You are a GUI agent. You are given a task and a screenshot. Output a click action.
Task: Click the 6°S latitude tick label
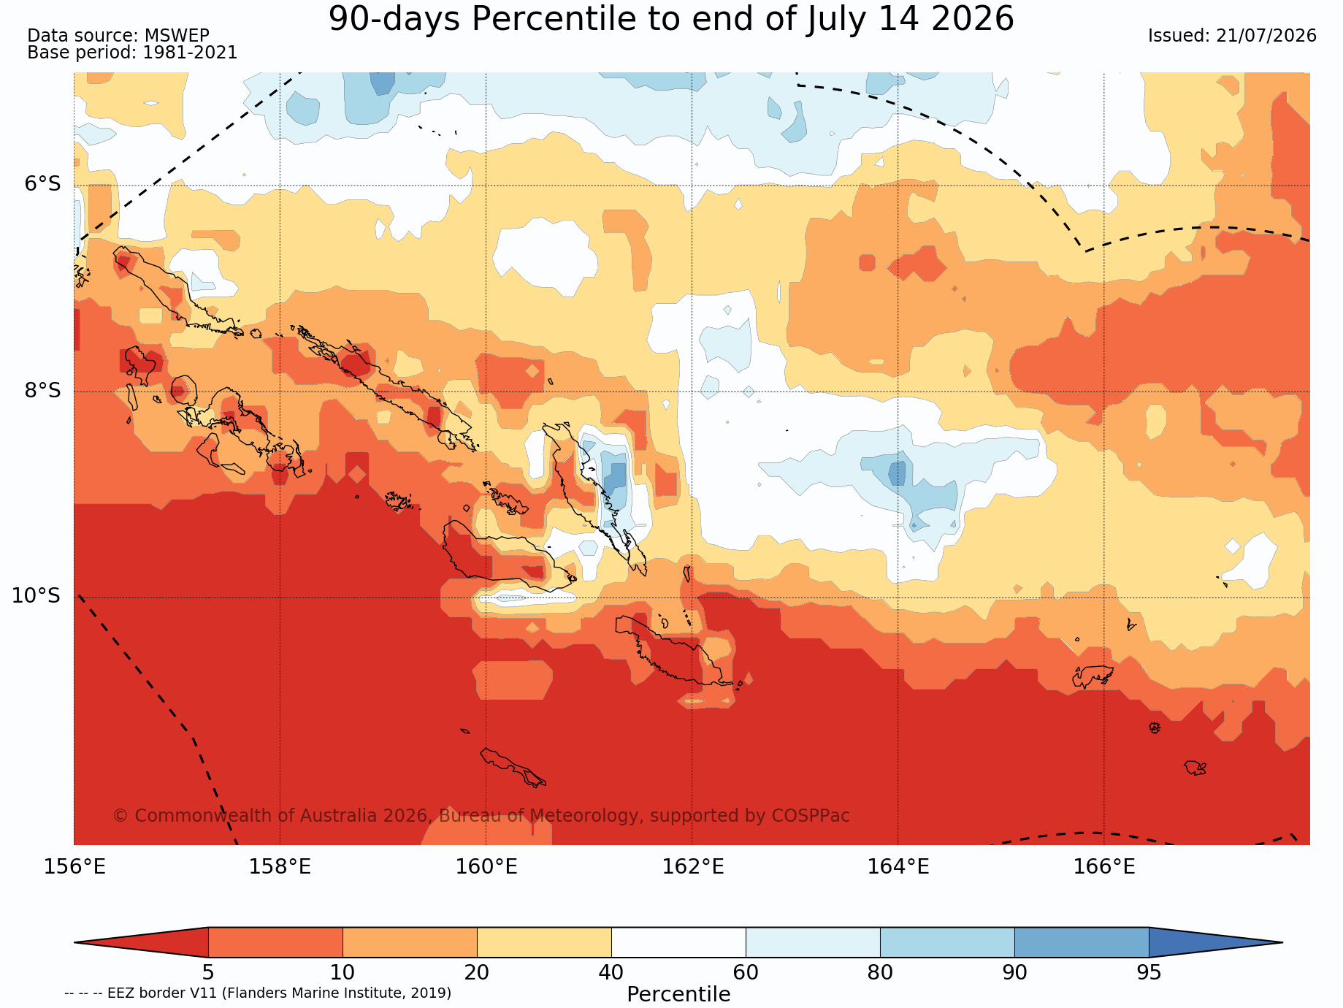point(43,184)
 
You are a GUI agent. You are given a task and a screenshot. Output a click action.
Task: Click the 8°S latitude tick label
point(43,390)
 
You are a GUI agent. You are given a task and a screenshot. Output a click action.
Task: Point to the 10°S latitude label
point(37,596)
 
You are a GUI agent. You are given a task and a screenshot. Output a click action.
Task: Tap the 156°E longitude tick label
point(74,867)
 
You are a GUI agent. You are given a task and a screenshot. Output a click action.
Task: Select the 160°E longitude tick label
point(486,867)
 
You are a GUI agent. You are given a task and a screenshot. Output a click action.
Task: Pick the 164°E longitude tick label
point(898,867)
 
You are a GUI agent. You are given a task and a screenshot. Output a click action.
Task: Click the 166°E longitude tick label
point(1104,867)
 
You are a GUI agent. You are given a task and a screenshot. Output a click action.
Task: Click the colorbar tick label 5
point(208,973)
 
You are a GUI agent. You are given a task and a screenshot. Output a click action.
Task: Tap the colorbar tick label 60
point(746,973)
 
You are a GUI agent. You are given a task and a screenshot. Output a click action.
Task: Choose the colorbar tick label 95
point(1149,973)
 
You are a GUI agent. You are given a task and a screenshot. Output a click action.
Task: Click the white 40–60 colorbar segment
point(678,942)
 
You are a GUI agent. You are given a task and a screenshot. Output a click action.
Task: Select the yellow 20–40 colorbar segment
point(544,942)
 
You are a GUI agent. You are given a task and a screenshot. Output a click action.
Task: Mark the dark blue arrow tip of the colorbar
point(1282,942)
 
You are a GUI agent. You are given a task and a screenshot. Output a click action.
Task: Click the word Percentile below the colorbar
point(678,995)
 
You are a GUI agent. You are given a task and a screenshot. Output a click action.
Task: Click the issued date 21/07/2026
point(1266,36)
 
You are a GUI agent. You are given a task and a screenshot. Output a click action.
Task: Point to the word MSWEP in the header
point(177,36)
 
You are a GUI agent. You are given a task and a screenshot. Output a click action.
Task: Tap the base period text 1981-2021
point(190,53)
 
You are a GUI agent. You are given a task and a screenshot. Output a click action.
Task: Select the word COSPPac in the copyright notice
point(815,816)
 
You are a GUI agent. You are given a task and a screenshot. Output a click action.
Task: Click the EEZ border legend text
point(258,993)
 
